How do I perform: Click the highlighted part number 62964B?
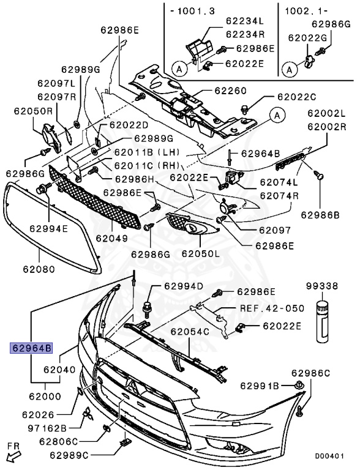[x=31, y=348]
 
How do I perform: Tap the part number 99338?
[x=322, y=286]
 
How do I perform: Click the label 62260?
[x=230, y=91]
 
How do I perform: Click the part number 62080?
[x=39, y=269]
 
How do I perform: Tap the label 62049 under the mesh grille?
[x=112, y=238]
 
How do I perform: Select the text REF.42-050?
[x=272, y=308]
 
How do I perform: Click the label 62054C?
[x=190, y=332]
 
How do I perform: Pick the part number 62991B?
[x=260, y=386]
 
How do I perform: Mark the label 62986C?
[x=310, y=373]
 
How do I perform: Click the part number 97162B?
[x=47, y=428]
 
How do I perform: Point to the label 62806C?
[x=59, y=441]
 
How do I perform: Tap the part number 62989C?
[x=69, y=455]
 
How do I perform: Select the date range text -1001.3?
[x=193, y=11]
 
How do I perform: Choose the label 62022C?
[x=297, y=97]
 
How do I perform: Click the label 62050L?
[x=201, y=253]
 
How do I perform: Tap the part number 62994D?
[x=184, y=286]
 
